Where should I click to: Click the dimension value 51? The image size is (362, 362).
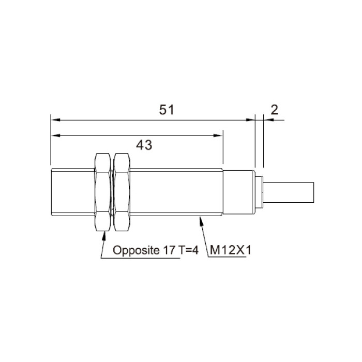166,110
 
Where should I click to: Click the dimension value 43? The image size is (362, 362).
144,145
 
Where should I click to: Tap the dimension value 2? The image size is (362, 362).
274,110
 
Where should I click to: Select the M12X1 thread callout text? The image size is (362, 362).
230,250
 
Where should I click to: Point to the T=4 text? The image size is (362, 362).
188,250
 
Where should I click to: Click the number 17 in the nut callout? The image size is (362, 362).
169,250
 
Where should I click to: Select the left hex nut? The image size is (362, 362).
103,192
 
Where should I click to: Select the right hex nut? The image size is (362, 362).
122,192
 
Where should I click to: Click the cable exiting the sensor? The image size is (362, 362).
289,192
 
